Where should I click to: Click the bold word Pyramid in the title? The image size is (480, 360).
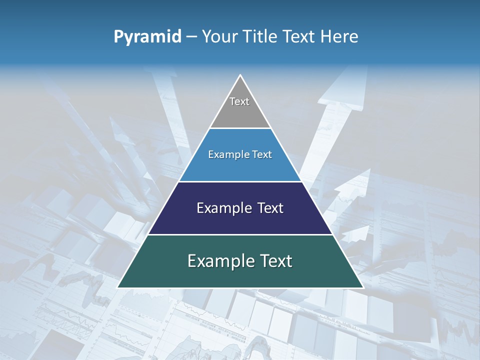click(x=147, y=37)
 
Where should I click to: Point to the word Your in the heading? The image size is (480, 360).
click(x=219, y=36)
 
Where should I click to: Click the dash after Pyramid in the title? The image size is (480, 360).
click(x=191, y=37)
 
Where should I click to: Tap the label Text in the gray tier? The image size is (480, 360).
click(x=239, y=101)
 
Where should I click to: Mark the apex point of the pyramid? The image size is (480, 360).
click(x=240, y=75)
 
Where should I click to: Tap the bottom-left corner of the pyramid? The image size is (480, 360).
click(x=118, y=287)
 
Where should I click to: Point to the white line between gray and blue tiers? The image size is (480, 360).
click(x=240, y=128)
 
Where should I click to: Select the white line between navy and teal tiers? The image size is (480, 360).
click(x=240, y=234)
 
